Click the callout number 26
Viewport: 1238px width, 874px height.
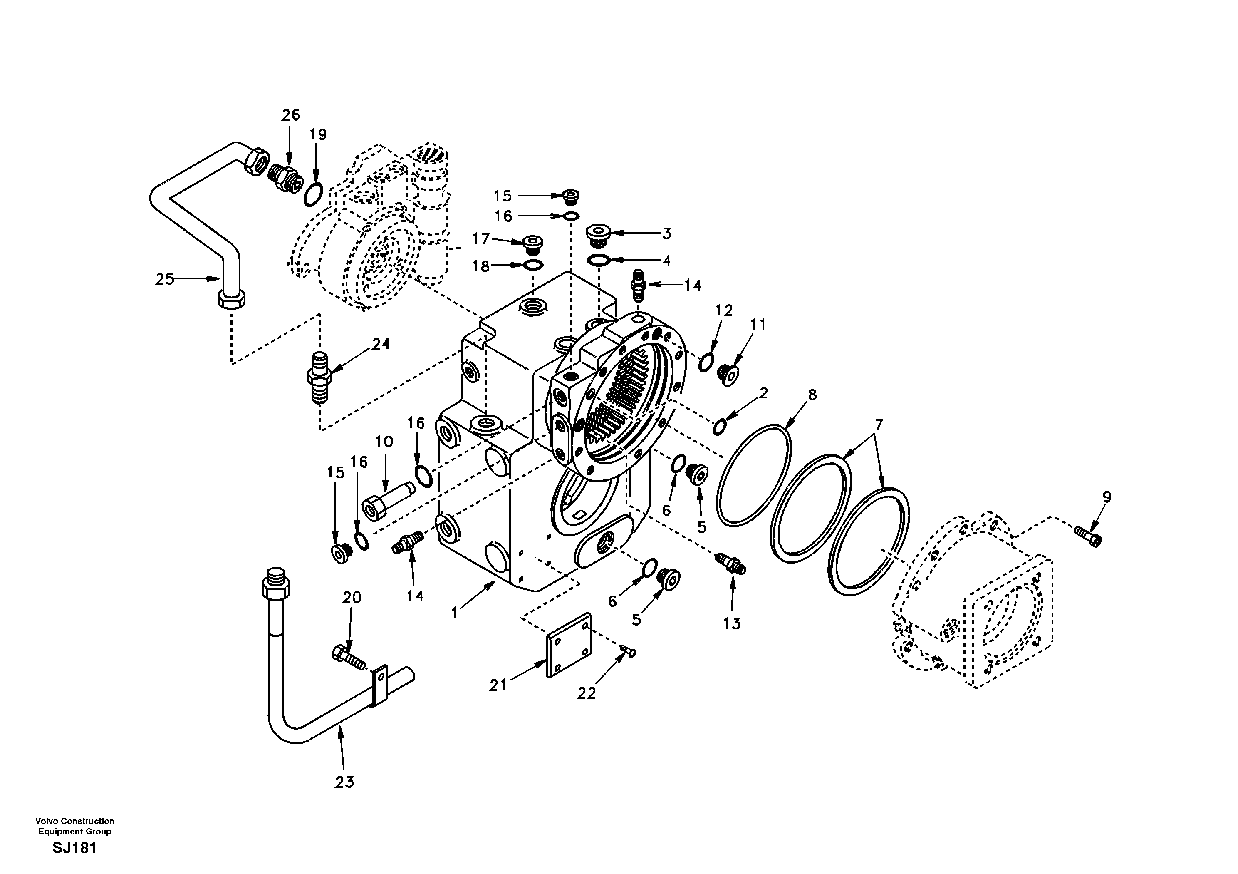(x=290, y=114)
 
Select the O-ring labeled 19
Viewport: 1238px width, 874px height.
(x=313, y=194)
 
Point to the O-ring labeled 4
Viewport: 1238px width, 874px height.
(x=599, y=261)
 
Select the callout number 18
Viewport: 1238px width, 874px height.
(x=480, y=266)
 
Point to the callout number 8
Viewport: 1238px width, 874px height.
(x=812, y=395)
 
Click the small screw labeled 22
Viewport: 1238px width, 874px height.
(x=628, y=652)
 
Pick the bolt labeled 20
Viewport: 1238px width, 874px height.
(x=348, y=658)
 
